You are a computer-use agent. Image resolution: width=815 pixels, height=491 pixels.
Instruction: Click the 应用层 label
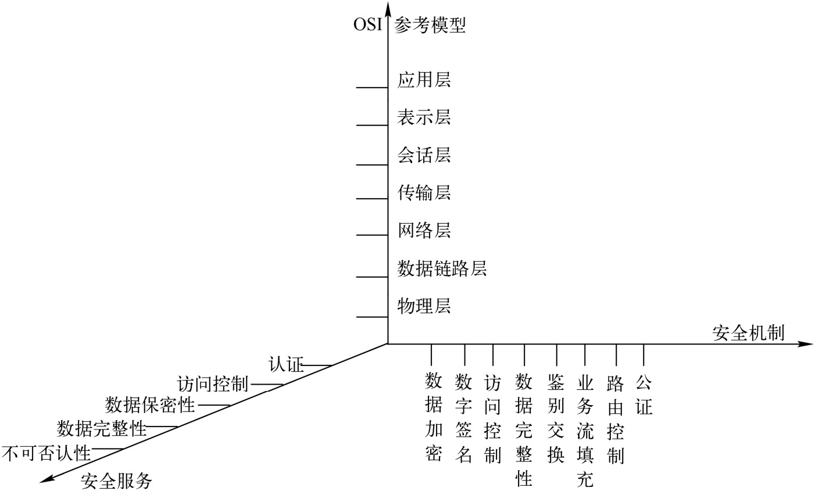click(424, 80)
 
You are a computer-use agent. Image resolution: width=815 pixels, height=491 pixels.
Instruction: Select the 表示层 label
click(424, 117)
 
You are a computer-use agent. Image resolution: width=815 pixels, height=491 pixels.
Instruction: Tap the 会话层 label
click(424, 155)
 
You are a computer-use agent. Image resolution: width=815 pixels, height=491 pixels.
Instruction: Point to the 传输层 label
click(424, 192)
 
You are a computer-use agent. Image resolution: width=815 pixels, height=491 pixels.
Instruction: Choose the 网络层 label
click(424, 230)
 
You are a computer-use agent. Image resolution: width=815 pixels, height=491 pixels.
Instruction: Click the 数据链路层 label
click(442, 268)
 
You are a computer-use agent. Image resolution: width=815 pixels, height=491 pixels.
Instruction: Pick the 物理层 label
click(424, 306)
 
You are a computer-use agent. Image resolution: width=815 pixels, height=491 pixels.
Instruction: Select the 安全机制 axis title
click(748, 333)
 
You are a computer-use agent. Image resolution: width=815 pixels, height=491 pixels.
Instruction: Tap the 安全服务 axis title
click(116, 481)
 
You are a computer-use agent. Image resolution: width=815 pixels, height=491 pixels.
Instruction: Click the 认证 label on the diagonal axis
click(286, 365)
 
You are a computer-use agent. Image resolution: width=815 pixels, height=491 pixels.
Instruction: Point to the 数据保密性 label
click(150, 404)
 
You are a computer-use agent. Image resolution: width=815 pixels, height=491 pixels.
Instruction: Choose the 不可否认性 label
click(47, 452)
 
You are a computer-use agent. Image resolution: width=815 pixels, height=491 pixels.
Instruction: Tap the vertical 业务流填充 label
click(585, 431)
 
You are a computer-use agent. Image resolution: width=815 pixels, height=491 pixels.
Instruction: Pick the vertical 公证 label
click(644, 395)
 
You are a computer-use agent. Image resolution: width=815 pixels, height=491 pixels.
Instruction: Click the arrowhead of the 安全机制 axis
click(806, 344)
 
